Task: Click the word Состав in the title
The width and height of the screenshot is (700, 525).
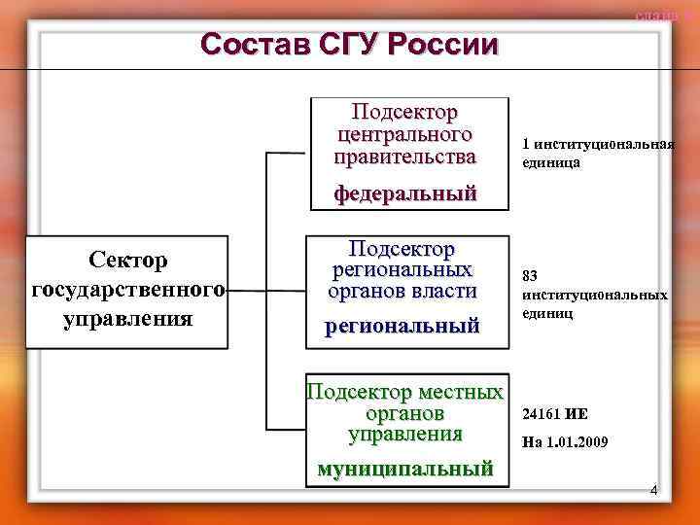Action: click(247, 45)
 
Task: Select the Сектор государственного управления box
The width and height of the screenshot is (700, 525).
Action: click(127, 290)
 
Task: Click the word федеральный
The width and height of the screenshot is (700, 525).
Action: click(406, 193)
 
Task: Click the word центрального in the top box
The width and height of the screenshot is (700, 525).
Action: click(406, 133)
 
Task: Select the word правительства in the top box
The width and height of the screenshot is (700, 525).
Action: click(406, 156)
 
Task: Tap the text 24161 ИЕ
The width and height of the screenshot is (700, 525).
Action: click(555, 412)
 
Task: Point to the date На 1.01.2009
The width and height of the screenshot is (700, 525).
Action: click(565, 442)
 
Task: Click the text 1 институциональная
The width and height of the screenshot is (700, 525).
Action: click(598, 144)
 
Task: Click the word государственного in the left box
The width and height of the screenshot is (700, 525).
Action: click(127, 290)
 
